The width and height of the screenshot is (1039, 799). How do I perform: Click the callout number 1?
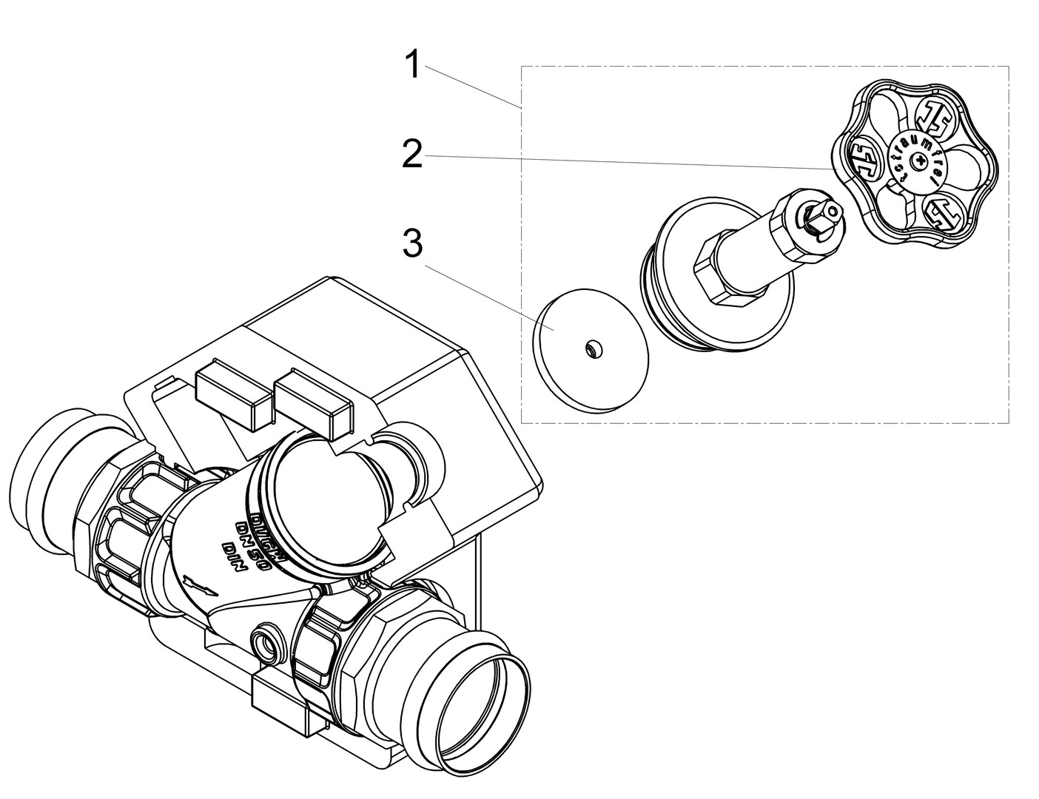tap(412, 64)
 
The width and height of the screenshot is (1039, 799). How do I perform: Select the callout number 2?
tap(412, 155)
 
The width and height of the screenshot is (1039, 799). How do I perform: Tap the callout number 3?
tap(412, 244)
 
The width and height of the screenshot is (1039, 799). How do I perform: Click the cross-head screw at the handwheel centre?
tap(920, 159)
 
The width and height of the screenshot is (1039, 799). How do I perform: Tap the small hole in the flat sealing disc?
tap(593, 348)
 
